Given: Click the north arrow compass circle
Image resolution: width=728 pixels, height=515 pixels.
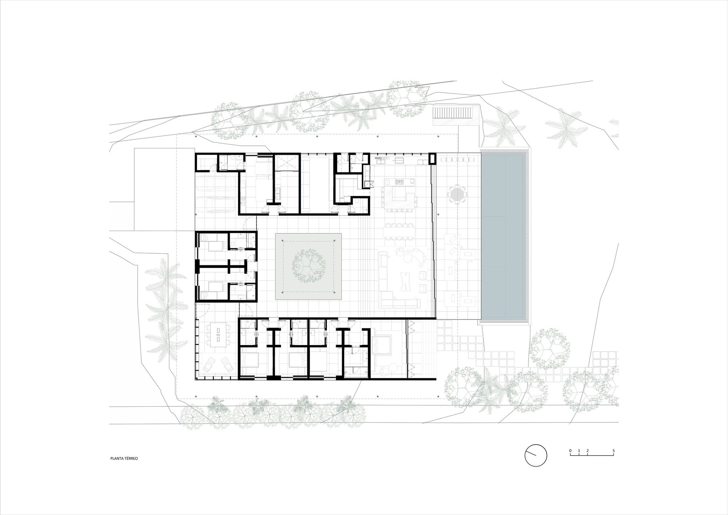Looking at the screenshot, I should point(536,455).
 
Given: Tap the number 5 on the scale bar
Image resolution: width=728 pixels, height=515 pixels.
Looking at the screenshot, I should point(613,451).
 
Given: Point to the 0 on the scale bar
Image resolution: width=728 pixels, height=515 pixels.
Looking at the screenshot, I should point(570,451).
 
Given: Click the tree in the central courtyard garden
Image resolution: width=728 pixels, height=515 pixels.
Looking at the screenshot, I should point(308,265).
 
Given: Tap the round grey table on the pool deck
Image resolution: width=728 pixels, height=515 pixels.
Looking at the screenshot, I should point(457,194).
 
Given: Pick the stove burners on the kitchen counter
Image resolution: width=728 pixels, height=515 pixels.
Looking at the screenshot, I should point(400,180).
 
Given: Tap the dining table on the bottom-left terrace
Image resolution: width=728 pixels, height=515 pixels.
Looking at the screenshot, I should point(218,334).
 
